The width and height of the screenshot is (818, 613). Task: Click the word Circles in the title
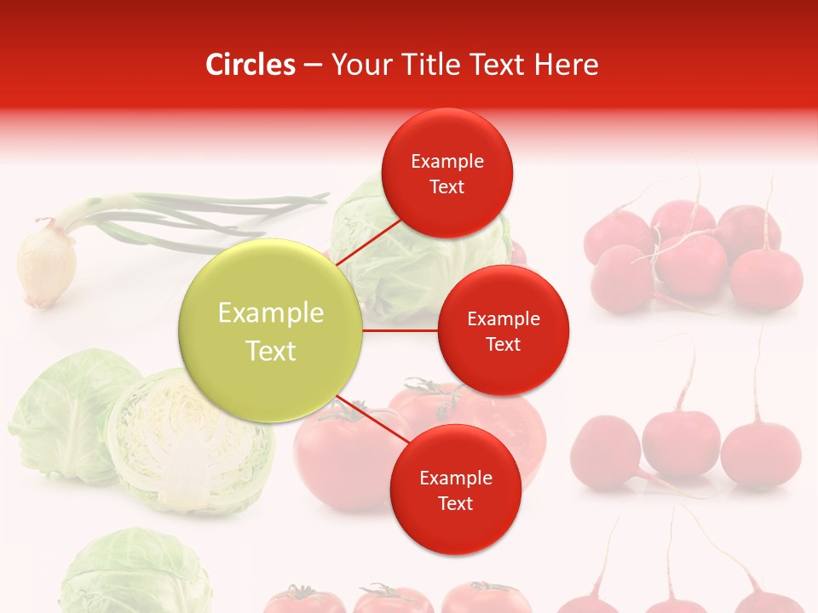click(x=251, y=65)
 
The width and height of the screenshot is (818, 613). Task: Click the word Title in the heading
click(x=421, y=65)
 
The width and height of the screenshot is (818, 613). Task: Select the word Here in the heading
click(x=566, y=65)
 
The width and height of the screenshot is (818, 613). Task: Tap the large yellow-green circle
click(x=270, y=330)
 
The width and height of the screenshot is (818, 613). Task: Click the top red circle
click(x=446, y=173)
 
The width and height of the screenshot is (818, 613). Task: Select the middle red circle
click(x=503, y=330)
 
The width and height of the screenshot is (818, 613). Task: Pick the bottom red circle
click(x=455, y=490)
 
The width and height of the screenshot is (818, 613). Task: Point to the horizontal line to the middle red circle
click(x=400, y=329)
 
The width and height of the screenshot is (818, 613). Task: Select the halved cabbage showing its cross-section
click(x=189, y=443)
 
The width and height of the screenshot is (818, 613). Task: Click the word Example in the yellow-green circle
click(x=270, y=313)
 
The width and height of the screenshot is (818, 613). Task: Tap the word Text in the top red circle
click(x=446, y=187)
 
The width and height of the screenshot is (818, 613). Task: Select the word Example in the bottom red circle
click(x=455, y=478)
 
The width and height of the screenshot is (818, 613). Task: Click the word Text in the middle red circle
click(x=503, y=345)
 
